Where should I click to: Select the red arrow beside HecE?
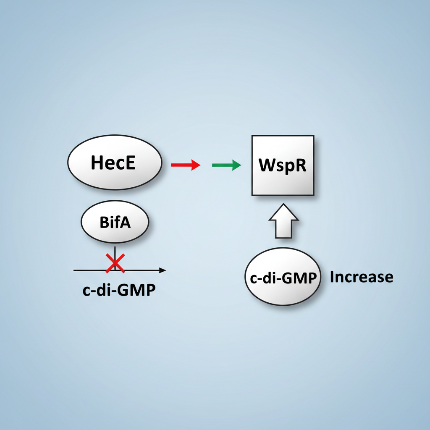(185, 165)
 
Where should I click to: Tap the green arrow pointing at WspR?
(226, 165)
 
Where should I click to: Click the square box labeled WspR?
(283, 165)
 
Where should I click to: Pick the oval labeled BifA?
(115, 223)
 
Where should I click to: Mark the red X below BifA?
(115, 263)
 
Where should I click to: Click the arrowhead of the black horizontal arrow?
(163, 270)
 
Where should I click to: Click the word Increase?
(362, 277)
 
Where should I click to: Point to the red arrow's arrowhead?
(196, 165)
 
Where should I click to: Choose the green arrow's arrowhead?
(236, 165)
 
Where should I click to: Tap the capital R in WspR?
(301, 165)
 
